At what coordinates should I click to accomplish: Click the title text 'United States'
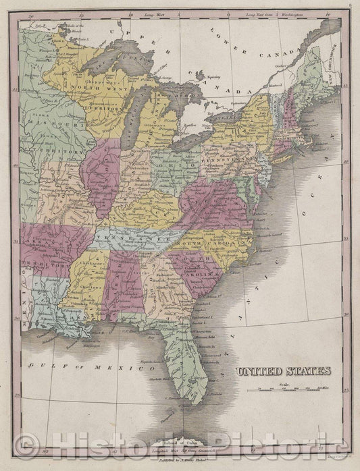pyautogui.click(x=283, y=370)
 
